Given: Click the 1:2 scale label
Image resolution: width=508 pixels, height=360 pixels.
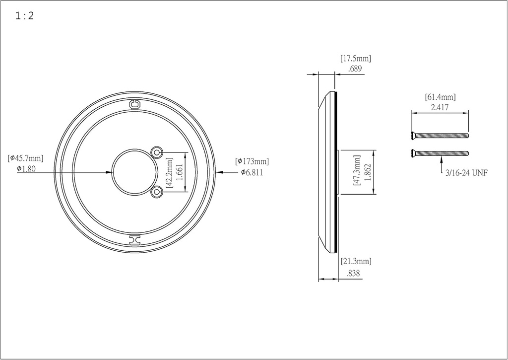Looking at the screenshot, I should coord(24,16).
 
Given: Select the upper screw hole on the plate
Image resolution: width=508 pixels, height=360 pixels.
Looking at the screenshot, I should coord(157,151).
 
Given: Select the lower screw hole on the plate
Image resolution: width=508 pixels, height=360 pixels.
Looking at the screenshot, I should coord(157,192).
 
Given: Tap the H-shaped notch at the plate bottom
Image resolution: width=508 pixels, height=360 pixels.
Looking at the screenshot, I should coord(134,240).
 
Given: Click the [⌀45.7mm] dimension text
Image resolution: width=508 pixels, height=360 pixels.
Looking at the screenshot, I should coord(25,158).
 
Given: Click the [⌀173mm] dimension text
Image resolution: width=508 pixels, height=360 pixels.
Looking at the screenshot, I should coord(252,161).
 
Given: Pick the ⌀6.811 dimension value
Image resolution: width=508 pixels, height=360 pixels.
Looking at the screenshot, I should coord(252,172).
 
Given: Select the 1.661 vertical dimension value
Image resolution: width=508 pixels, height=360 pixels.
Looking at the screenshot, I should coord(180,171).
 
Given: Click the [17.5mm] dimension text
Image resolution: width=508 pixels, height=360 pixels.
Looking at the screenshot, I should coord(356,59).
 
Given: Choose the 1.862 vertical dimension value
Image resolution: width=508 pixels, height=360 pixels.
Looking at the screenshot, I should coord(368,172).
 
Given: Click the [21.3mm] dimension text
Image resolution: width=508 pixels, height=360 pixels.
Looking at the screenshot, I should coord(356,261).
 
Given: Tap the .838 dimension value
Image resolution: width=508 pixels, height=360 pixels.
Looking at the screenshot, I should coord(354,273).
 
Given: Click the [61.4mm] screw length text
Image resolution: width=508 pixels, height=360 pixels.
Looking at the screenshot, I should coord(440,97).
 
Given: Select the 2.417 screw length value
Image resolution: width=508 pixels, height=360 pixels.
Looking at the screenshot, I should coord(440,107).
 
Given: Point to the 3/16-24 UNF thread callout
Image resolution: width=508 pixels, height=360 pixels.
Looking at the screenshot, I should coord(466,174).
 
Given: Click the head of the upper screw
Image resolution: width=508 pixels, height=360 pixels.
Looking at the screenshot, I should coord(414,135).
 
